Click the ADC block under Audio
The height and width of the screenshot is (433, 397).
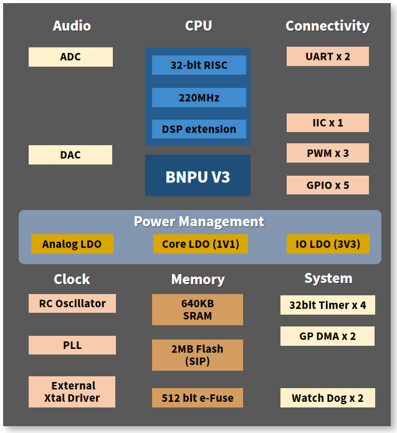click(70, 57)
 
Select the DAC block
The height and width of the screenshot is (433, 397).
click(70, 155)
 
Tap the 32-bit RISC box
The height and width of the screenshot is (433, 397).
click(199, 65)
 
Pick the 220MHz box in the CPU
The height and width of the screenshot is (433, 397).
click(199, 97)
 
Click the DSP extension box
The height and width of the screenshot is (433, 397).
click(199, 129)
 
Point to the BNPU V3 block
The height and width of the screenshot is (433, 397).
click(198, 176)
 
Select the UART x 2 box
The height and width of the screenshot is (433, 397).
click(327, 56)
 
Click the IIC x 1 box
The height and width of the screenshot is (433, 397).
click(327, 122)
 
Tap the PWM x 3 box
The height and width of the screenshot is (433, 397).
click(327, 153)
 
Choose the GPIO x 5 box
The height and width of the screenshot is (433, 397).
click(327, 185)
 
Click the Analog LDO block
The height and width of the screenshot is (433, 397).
click(72, 244)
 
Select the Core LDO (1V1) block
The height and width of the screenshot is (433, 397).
click(200, 244)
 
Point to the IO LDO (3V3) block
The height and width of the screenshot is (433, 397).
click(328, 244)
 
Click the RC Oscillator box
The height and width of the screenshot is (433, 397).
click(72, 303)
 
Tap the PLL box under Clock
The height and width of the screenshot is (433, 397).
click(72, 345)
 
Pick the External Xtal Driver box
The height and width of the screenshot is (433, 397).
click(73, 392)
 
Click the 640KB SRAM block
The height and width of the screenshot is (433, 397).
click(198, 310)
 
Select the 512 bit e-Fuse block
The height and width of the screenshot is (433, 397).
click(198, 397)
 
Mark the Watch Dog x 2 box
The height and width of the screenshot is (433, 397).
click(327, 397)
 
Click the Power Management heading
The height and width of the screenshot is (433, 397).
click(199, 221)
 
